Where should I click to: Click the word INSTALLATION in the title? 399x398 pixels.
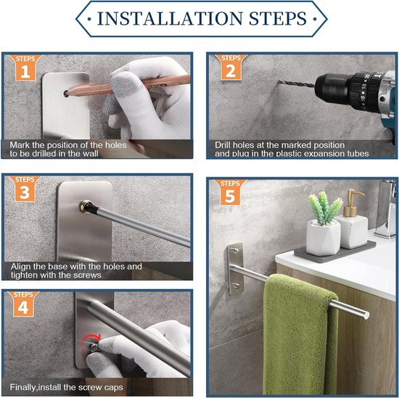170,18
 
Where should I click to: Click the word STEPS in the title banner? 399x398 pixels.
278,18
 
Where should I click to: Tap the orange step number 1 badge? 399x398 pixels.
25,68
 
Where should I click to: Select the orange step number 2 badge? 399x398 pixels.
231,68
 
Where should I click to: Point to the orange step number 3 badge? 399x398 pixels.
25,189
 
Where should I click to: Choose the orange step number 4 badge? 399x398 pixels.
23,304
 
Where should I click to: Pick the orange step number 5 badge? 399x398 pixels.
230,192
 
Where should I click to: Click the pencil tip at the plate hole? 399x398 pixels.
67,93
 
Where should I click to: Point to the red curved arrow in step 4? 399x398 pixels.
91,340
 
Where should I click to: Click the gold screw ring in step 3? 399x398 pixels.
85,206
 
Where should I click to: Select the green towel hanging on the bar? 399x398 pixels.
300,334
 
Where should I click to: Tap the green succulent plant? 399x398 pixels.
325,207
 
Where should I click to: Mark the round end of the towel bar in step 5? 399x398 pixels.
366,315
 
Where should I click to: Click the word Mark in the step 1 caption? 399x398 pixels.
20,145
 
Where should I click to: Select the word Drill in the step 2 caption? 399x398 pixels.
223,145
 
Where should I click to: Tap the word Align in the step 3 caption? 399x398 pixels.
21,267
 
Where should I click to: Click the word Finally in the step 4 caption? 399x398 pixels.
23,387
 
